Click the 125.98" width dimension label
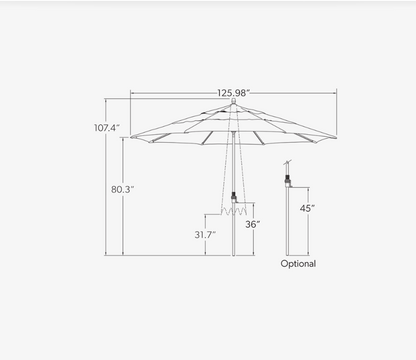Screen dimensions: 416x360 [x=233, y=93]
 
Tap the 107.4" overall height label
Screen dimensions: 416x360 [x=107, y=128]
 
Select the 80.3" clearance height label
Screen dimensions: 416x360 [x=122, y=189]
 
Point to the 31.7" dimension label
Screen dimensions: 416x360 [x=205, y=235]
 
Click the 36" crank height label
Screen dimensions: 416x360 [x=253, y=224]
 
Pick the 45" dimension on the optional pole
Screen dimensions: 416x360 [x=307, y=208]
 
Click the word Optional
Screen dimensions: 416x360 [x=298, y=264]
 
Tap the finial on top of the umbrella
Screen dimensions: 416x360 [x=234, y=101]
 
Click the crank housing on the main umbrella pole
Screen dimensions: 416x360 [x=234, y=197]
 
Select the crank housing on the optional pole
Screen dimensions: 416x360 [x=287, y=181]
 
